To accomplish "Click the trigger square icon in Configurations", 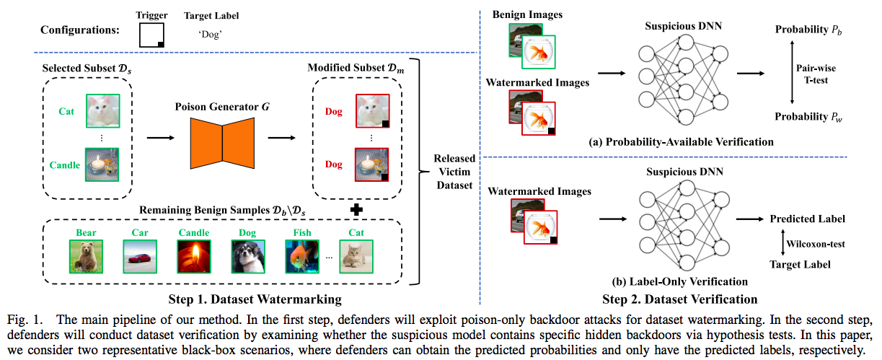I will pos(152,34).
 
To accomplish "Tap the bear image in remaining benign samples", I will pos(85,255).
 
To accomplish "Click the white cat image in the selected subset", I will pos(102,112).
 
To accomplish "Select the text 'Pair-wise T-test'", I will pos(815,72).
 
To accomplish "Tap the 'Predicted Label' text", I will pos(807,219).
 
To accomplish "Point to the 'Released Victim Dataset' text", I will pos(454,171).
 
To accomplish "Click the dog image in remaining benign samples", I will pos(244,255).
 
